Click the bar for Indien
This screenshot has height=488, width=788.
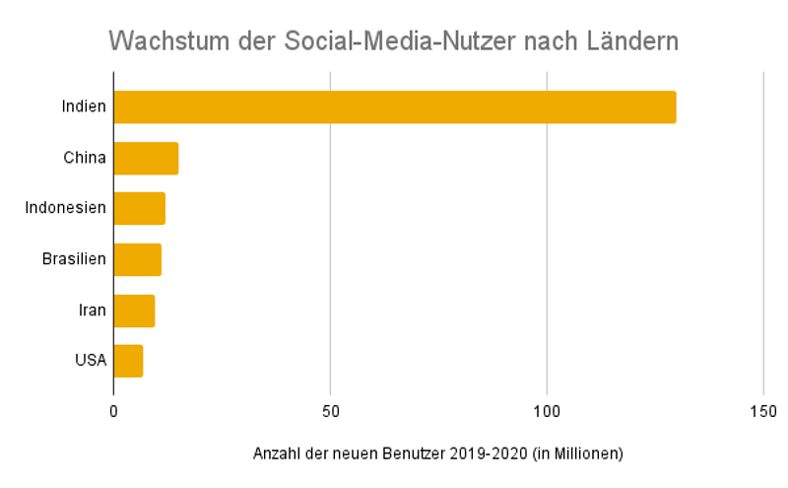394,106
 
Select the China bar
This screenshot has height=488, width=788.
146,158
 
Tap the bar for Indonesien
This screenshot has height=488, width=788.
139,209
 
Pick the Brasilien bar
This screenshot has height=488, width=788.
137,259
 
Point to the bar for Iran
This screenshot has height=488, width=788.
134,311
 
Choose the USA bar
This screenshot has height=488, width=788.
128,361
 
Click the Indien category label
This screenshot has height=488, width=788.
83,106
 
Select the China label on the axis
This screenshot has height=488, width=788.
85,158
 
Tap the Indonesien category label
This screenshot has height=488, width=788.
66,209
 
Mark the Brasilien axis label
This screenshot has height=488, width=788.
74,259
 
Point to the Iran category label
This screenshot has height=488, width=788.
93,311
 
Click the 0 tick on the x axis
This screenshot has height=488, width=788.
113,411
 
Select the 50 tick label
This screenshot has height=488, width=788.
330,411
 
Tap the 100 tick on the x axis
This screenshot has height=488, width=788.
547,411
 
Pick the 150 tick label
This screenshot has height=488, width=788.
763,411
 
